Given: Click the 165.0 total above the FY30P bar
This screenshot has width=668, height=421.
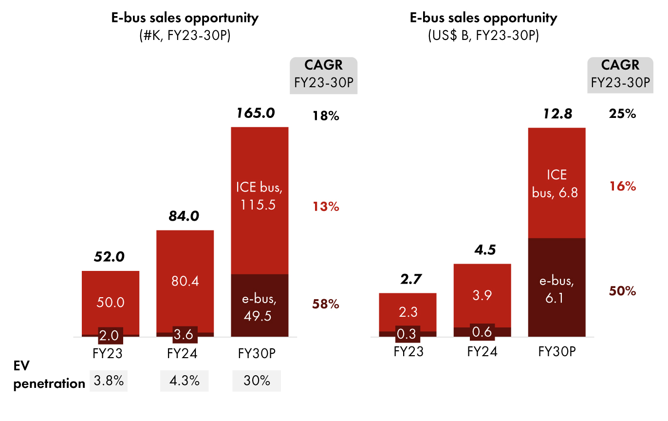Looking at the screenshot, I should [256, 113].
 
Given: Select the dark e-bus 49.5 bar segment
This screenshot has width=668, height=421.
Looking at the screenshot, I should [260, 306].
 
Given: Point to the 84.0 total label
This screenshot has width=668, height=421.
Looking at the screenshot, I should [185, 215].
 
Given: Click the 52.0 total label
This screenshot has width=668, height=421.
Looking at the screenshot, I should [110, 256].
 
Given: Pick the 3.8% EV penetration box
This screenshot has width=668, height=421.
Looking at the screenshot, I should [109, 381].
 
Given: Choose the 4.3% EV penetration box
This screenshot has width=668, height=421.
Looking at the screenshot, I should [184, 381].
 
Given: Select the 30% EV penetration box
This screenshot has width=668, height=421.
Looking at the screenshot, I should [257, 381].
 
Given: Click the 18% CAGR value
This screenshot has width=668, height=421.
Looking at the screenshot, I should [325, 116].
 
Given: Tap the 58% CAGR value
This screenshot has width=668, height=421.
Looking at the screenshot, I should [325, 305].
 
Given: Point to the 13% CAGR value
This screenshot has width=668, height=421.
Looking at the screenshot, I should [325, 207].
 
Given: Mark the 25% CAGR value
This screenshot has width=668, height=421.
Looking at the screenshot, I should [622, 115].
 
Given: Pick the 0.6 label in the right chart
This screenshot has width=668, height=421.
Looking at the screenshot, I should [482, 332].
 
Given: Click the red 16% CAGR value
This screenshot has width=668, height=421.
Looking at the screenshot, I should [622, 186].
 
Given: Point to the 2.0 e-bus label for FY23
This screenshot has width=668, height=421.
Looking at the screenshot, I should [110, 335].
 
